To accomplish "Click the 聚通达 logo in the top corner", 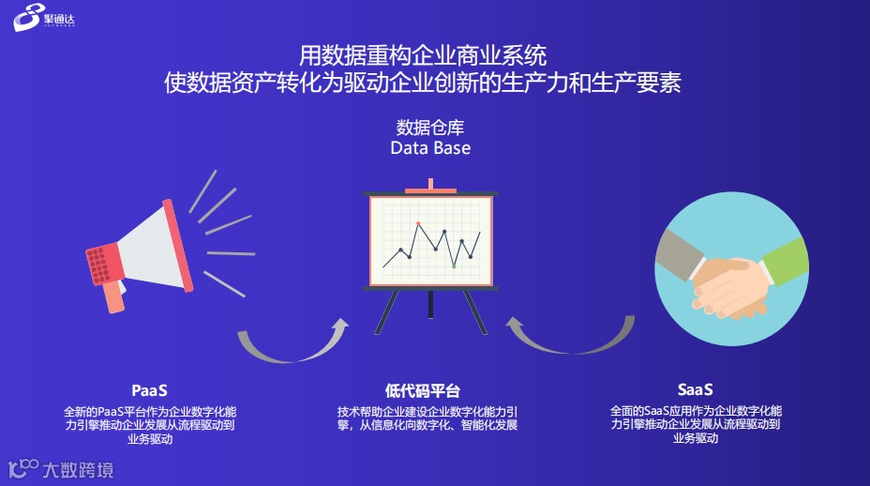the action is (x=44, y=17).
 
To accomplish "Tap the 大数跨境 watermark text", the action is (x=78, y=470).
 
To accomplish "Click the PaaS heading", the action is (x=149, y=390).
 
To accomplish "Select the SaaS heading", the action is (x=696, y=389).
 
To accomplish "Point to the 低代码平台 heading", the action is (x=423, y=391).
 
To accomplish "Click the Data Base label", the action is (x=430, y=147).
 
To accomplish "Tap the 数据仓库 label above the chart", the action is (x=430, y=128).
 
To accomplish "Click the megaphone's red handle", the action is (x=115, y=297).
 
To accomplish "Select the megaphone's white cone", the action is (x=150, y=248).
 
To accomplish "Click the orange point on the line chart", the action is (x=418, y=223).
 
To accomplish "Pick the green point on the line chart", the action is (x=454, y=266).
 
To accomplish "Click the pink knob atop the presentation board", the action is (x=430, y=186).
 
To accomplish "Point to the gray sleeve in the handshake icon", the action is (x=680, y=253).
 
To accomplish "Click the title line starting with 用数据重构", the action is (x=423, y=55).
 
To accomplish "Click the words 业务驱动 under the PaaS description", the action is (x=150, y=439).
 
